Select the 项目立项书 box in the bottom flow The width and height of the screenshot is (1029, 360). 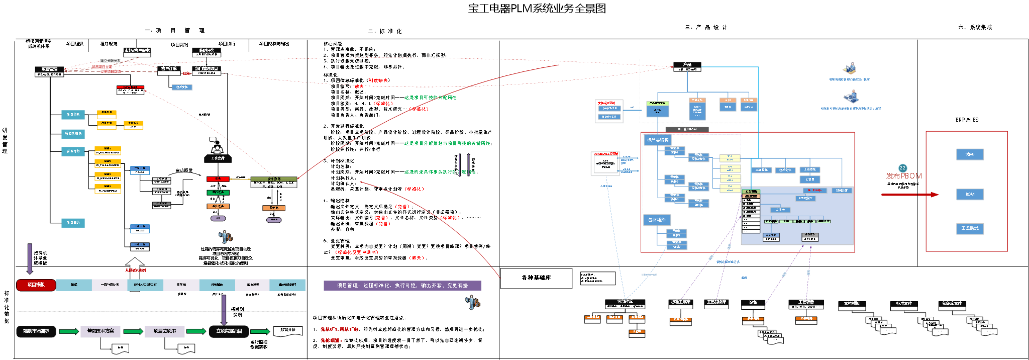165,331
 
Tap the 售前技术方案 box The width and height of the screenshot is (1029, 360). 100,331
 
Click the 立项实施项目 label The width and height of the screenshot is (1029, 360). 229,331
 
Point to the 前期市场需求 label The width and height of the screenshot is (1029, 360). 36,331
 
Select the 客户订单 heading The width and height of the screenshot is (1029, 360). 169,69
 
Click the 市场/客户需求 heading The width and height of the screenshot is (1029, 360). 137,51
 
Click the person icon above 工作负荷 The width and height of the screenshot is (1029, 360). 217,150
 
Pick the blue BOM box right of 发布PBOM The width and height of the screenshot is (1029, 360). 970,194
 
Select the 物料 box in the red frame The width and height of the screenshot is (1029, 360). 970,154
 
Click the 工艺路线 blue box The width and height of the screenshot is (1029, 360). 970,228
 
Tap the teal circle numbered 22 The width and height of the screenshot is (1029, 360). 902,168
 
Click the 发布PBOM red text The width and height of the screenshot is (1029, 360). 904,176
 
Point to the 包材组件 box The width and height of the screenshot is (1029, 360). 657,220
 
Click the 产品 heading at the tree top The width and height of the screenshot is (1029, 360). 687,65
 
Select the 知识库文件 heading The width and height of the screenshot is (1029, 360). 952,303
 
